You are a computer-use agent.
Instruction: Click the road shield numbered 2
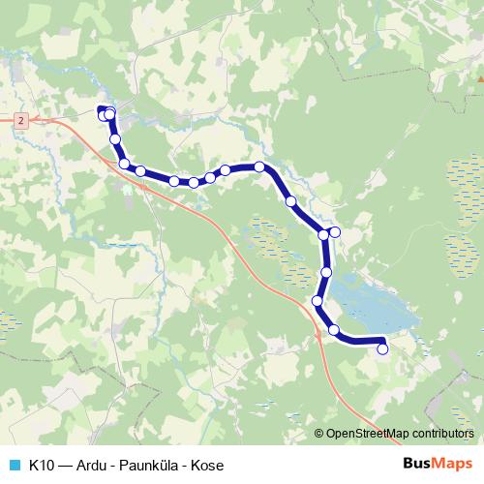20,118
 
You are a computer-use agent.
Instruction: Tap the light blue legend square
12,465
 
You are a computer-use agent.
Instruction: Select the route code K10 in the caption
42,465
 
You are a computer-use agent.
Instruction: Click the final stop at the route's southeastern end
382,349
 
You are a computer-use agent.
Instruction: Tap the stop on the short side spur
336,232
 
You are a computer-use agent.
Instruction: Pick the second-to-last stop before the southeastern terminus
335,331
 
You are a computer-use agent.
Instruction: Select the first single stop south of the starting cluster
115,139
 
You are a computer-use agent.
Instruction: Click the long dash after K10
66,465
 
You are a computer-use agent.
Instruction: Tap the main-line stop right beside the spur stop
324,234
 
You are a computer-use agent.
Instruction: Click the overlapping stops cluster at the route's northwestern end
106,115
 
